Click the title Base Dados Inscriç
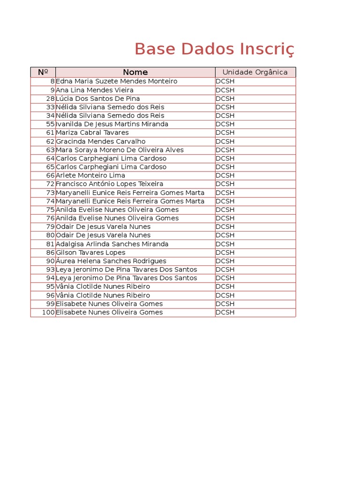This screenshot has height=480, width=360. point(215,49)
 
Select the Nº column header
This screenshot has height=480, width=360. point(43,72)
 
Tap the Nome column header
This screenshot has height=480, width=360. point(135,72)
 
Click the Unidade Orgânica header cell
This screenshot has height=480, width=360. point(255,72)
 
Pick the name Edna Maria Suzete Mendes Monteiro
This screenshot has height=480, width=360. point(117,82)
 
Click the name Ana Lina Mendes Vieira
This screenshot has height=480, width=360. point(95,90)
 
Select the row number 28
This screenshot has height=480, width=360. point(51,98)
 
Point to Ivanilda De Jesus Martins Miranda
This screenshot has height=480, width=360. point(112,124)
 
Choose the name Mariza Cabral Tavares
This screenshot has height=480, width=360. point(92,133)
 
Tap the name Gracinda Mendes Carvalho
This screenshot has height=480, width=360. point(101,142)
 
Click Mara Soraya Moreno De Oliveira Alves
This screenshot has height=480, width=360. point(120,150)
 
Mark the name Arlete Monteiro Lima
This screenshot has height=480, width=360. point(90,175)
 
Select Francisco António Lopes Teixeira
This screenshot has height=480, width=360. point(110,184)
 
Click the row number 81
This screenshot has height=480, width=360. point(51,244)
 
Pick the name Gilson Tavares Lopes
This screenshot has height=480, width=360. point(91,253)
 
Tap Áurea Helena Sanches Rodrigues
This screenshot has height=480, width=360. point(111,261)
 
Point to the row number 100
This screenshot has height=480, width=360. point(49,312)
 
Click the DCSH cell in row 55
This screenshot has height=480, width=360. point(225,124)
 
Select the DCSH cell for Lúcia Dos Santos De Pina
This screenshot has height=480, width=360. point(225,98)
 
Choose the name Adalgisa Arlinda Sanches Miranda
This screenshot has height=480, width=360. point(112,244)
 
